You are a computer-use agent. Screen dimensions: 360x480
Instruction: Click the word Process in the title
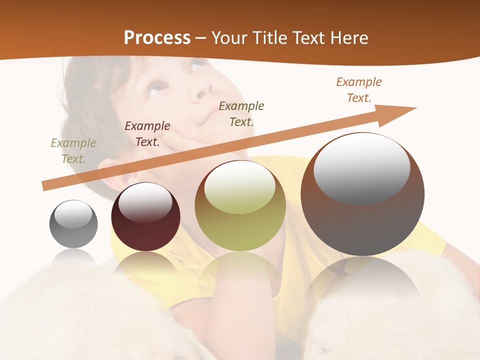(157, 38)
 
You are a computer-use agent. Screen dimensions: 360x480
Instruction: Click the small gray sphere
(73, 224)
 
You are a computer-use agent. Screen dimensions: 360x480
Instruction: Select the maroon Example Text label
(147, 134)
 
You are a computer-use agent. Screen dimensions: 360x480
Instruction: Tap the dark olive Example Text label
(241, 114)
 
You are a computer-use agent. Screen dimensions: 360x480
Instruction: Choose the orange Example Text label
(359, 90)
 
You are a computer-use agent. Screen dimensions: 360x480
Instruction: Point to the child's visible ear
(112, 172)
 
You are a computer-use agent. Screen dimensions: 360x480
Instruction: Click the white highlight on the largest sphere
(361, 168)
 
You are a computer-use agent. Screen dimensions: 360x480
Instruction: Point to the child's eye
(156, 89)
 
